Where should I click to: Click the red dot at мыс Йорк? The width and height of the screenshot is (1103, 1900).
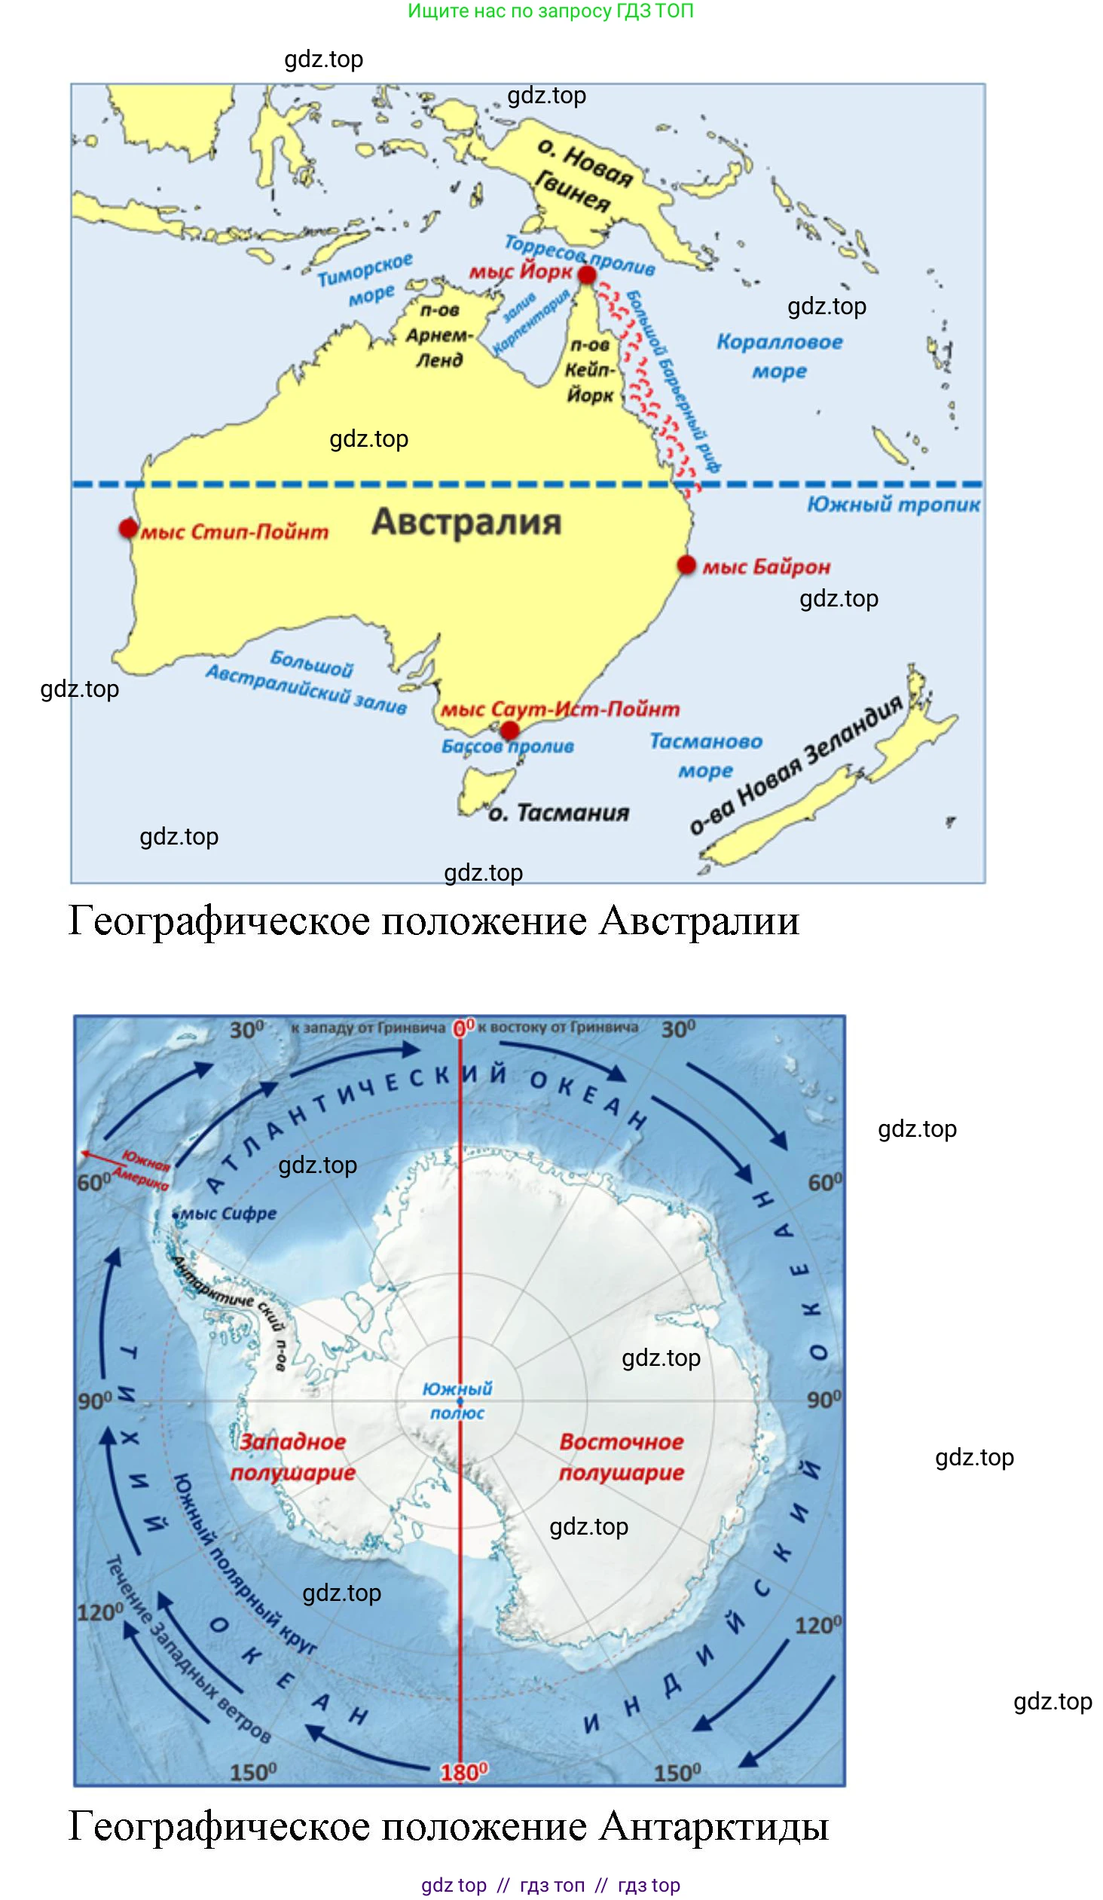click(587, 276)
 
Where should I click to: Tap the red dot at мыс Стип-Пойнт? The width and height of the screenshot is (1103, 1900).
click(128, 529)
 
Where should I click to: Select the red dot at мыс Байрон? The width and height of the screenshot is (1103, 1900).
click(686, 565)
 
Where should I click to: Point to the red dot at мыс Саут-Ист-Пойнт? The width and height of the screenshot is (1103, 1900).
click(509, 730)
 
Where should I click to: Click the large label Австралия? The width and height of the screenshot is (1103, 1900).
click(466, 522)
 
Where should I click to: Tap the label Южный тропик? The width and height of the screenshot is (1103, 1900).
click(893, 505)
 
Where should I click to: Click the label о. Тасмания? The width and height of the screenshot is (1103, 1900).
click(559, 813)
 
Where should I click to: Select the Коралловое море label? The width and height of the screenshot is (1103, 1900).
click(779, 356)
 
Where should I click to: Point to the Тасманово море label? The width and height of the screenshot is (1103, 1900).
click(706, 756)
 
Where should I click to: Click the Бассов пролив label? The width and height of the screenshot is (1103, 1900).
click(507, 747)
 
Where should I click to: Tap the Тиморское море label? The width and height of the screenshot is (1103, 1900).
click(366, 280)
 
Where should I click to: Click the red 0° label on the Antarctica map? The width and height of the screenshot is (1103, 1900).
click(463, 1027)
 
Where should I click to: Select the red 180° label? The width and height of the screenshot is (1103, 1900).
click(463, 1773)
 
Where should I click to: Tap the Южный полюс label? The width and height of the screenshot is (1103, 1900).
click(457, 1400)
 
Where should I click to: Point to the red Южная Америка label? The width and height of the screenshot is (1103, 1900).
click(145, 1171)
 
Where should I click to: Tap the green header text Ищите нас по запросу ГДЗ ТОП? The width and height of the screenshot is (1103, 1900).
click(550, 11)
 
